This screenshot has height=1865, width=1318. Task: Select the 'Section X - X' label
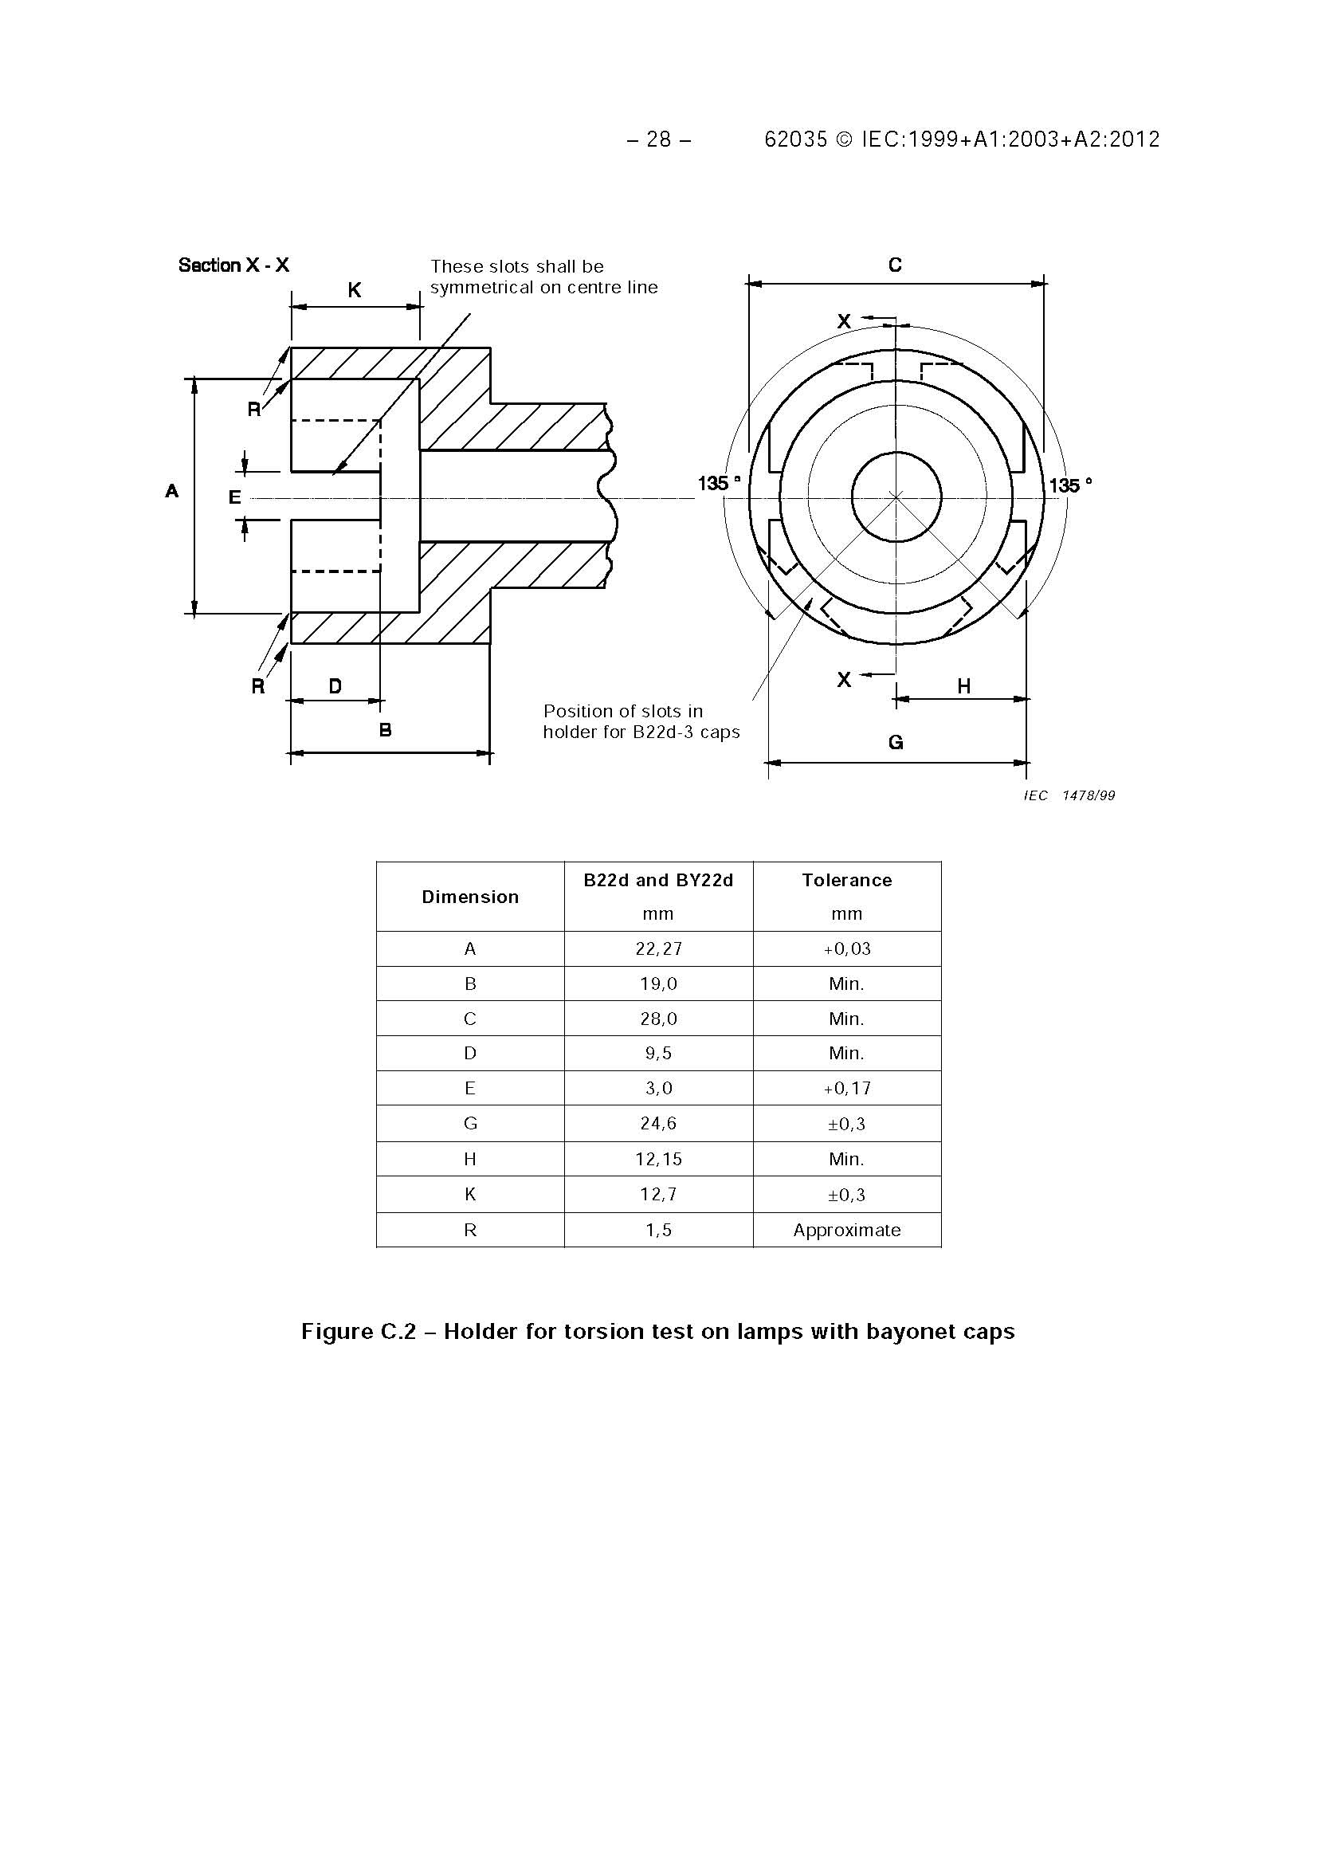click(x=233, y=265)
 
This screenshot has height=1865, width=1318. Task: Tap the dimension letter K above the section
click(x=354, y=290)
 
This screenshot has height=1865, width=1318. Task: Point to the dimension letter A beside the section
click(x=171, y=491)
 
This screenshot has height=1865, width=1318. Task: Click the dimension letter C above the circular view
click(x=894, y=265)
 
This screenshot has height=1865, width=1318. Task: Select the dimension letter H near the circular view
click(x=963, y=686)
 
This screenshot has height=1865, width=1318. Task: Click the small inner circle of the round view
click(x=896, y=497)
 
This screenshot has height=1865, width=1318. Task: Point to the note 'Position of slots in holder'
click(x=641, y=721)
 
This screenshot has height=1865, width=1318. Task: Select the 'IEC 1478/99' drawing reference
click(x=1069, y=795)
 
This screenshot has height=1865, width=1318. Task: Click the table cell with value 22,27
click(x=657, y=948)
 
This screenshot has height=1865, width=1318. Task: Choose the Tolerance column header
click(x=846, y=881)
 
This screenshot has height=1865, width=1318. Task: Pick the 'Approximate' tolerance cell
click(x=846, y=1230)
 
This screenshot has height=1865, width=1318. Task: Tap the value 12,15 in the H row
click(x=657, y=1159)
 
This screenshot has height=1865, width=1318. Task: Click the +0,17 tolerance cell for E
click(x=846, y=1089)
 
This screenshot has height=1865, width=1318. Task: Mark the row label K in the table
click(x=469, y=1194)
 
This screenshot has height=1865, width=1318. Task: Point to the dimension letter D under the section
click(x=335, y=686)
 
